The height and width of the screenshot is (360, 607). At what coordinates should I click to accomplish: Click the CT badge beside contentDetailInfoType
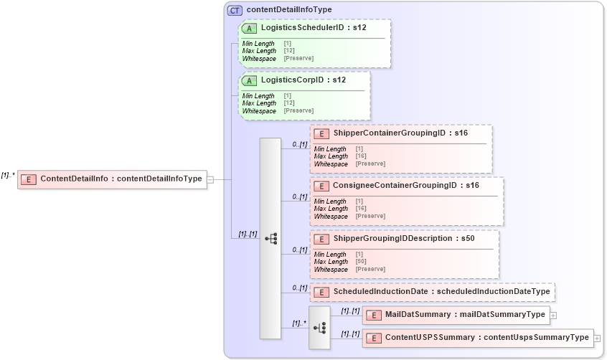[235, 10]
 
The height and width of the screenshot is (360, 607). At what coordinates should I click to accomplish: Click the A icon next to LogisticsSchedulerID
[250, 29]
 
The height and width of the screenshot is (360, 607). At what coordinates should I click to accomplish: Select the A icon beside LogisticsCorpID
[250, 80]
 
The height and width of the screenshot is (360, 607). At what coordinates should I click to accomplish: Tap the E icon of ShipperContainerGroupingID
[322, 133]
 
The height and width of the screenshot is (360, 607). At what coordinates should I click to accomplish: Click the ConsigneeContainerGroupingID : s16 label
[406, 186]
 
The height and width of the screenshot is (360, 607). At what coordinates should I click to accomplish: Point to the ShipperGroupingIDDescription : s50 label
[403, 238]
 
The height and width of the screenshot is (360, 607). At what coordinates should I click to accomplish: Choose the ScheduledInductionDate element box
[433, 292]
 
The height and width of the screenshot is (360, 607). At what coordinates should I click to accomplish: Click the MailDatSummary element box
[456, 315]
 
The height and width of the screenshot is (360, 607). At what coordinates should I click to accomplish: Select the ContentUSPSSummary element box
[478, 338]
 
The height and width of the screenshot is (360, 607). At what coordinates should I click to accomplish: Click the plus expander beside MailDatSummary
[553, 315]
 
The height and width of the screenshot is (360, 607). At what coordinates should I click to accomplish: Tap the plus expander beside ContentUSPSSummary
[597, 338]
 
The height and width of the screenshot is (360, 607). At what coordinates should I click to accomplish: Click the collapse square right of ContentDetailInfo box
[210, 179]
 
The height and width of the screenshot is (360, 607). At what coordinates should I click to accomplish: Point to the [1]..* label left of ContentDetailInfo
[9, 174]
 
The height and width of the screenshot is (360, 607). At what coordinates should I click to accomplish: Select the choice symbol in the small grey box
[320, 328]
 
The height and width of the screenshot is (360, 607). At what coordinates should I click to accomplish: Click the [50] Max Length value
[362, 262]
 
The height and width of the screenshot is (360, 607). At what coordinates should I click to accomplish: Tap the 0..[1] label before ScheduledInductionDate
[299, 288]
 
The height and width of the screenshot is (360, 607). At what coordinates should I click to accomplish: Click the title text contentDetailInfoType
[288, 10]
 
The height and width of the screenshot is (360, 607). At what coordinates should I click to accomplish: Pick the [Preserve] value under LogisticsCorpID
[298, 111]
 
